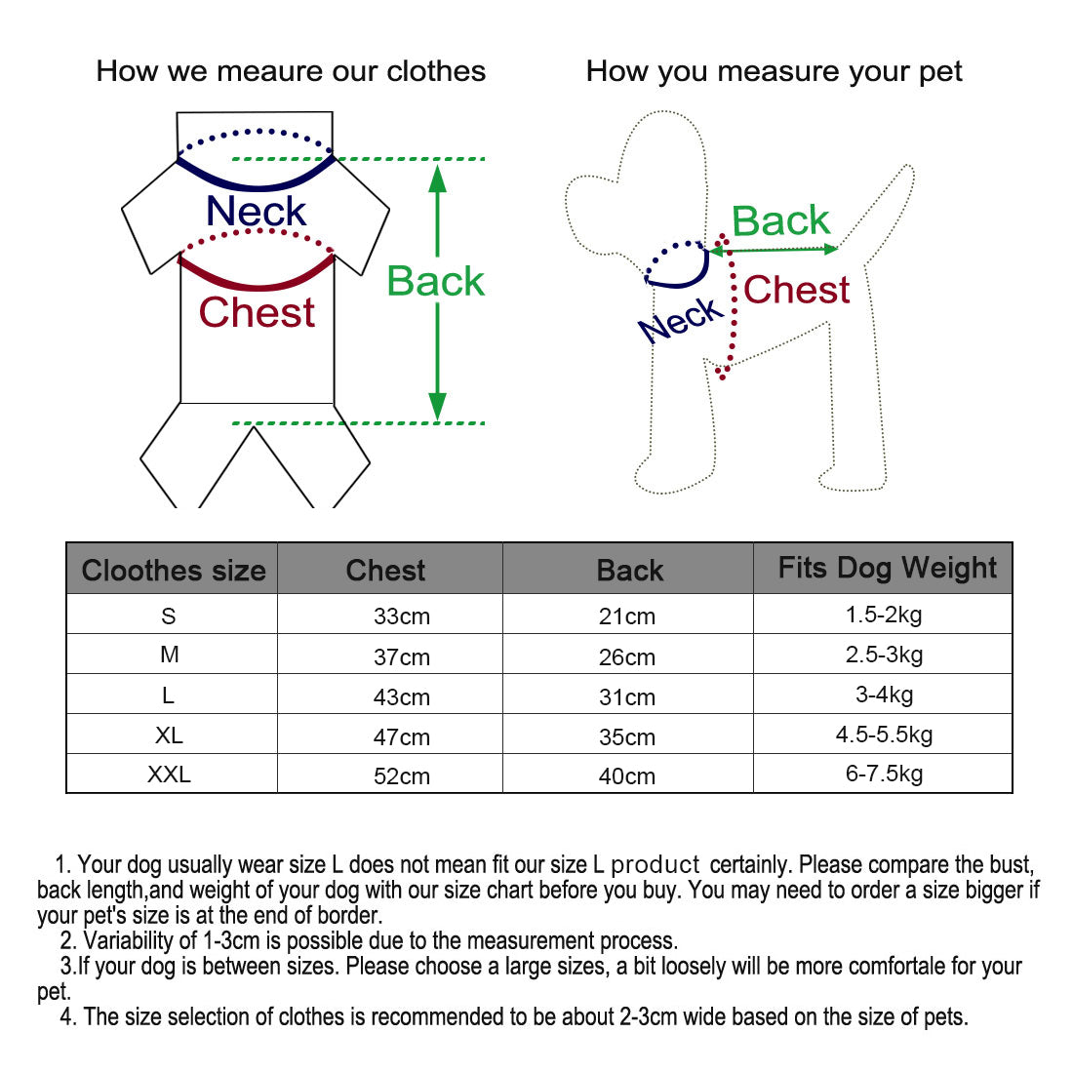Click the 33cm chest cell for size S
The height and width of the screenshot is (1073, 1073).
pyautogui.click(x=401, y=616)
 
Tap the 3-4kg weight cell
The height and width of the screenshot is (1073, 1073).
pyautogui.click(x=884, y=695)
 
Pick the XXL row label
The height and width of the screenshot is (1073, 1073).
pyautogui.click(x=169, y=775)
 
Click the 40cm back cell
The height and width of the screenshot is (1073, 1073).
pyautogui.click(x=626, y=776)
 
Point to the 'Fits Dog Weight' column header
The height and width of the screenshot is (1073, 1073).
pyautogui.click(x=887, y=568)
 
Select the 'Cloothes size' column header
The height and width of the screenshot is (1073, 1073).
pyautogui.click(x=174, y=571)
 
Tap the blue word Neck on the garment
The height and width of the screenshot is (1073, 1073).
pyautogui.click(x=256, y=211)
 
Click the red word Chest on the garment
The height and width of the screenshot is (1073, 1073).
pyautogui.click(x=257, y=312)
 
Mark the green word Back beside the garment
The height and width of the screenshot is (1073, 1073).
pyautogui.click(x=435, y=281)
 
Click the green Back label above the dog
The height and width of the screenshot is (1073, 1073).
pyautogui.click(x=780, y=220)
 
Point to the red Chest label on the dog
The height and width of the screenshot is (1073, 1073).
pyautogui.click(x=796, y=290)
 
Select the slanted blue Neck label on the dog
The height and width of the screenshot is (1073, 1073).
pyautogui.click(x=682, y=320)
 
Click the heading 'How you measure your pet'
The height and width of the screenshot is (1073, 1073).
pyautogui.click(x=774, y=71)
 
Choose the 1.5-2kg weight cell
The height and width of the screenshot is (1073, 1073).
pyautogui.click(x=884, y=615)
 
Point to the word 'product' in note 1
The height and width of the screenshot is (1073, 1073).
pyautogui.click(x=656, y=865)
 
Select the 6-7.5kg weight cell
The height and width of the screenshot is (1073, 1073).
pyautogui.click(x=884, y=774)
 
